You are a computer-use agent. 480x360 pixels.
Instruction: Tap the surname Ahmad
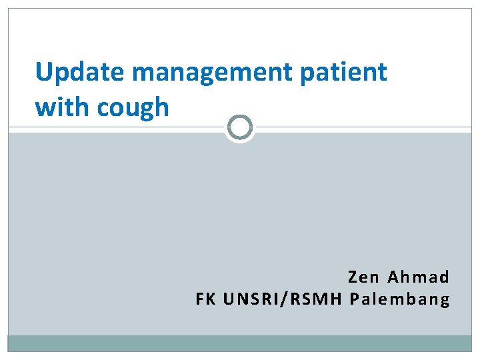(x=419, y=277)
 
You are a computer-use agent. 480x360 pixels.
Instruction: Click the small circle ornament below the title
(x=240, y=127)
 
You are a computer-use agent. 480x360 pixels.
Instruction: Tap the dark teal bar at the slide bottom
(x=240, y=343)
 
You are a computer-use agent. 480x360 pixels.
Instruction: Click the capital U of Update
(x=43, y=72)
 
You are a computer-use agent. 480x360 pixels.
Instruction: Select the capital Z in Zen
(x=353, y=277)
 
